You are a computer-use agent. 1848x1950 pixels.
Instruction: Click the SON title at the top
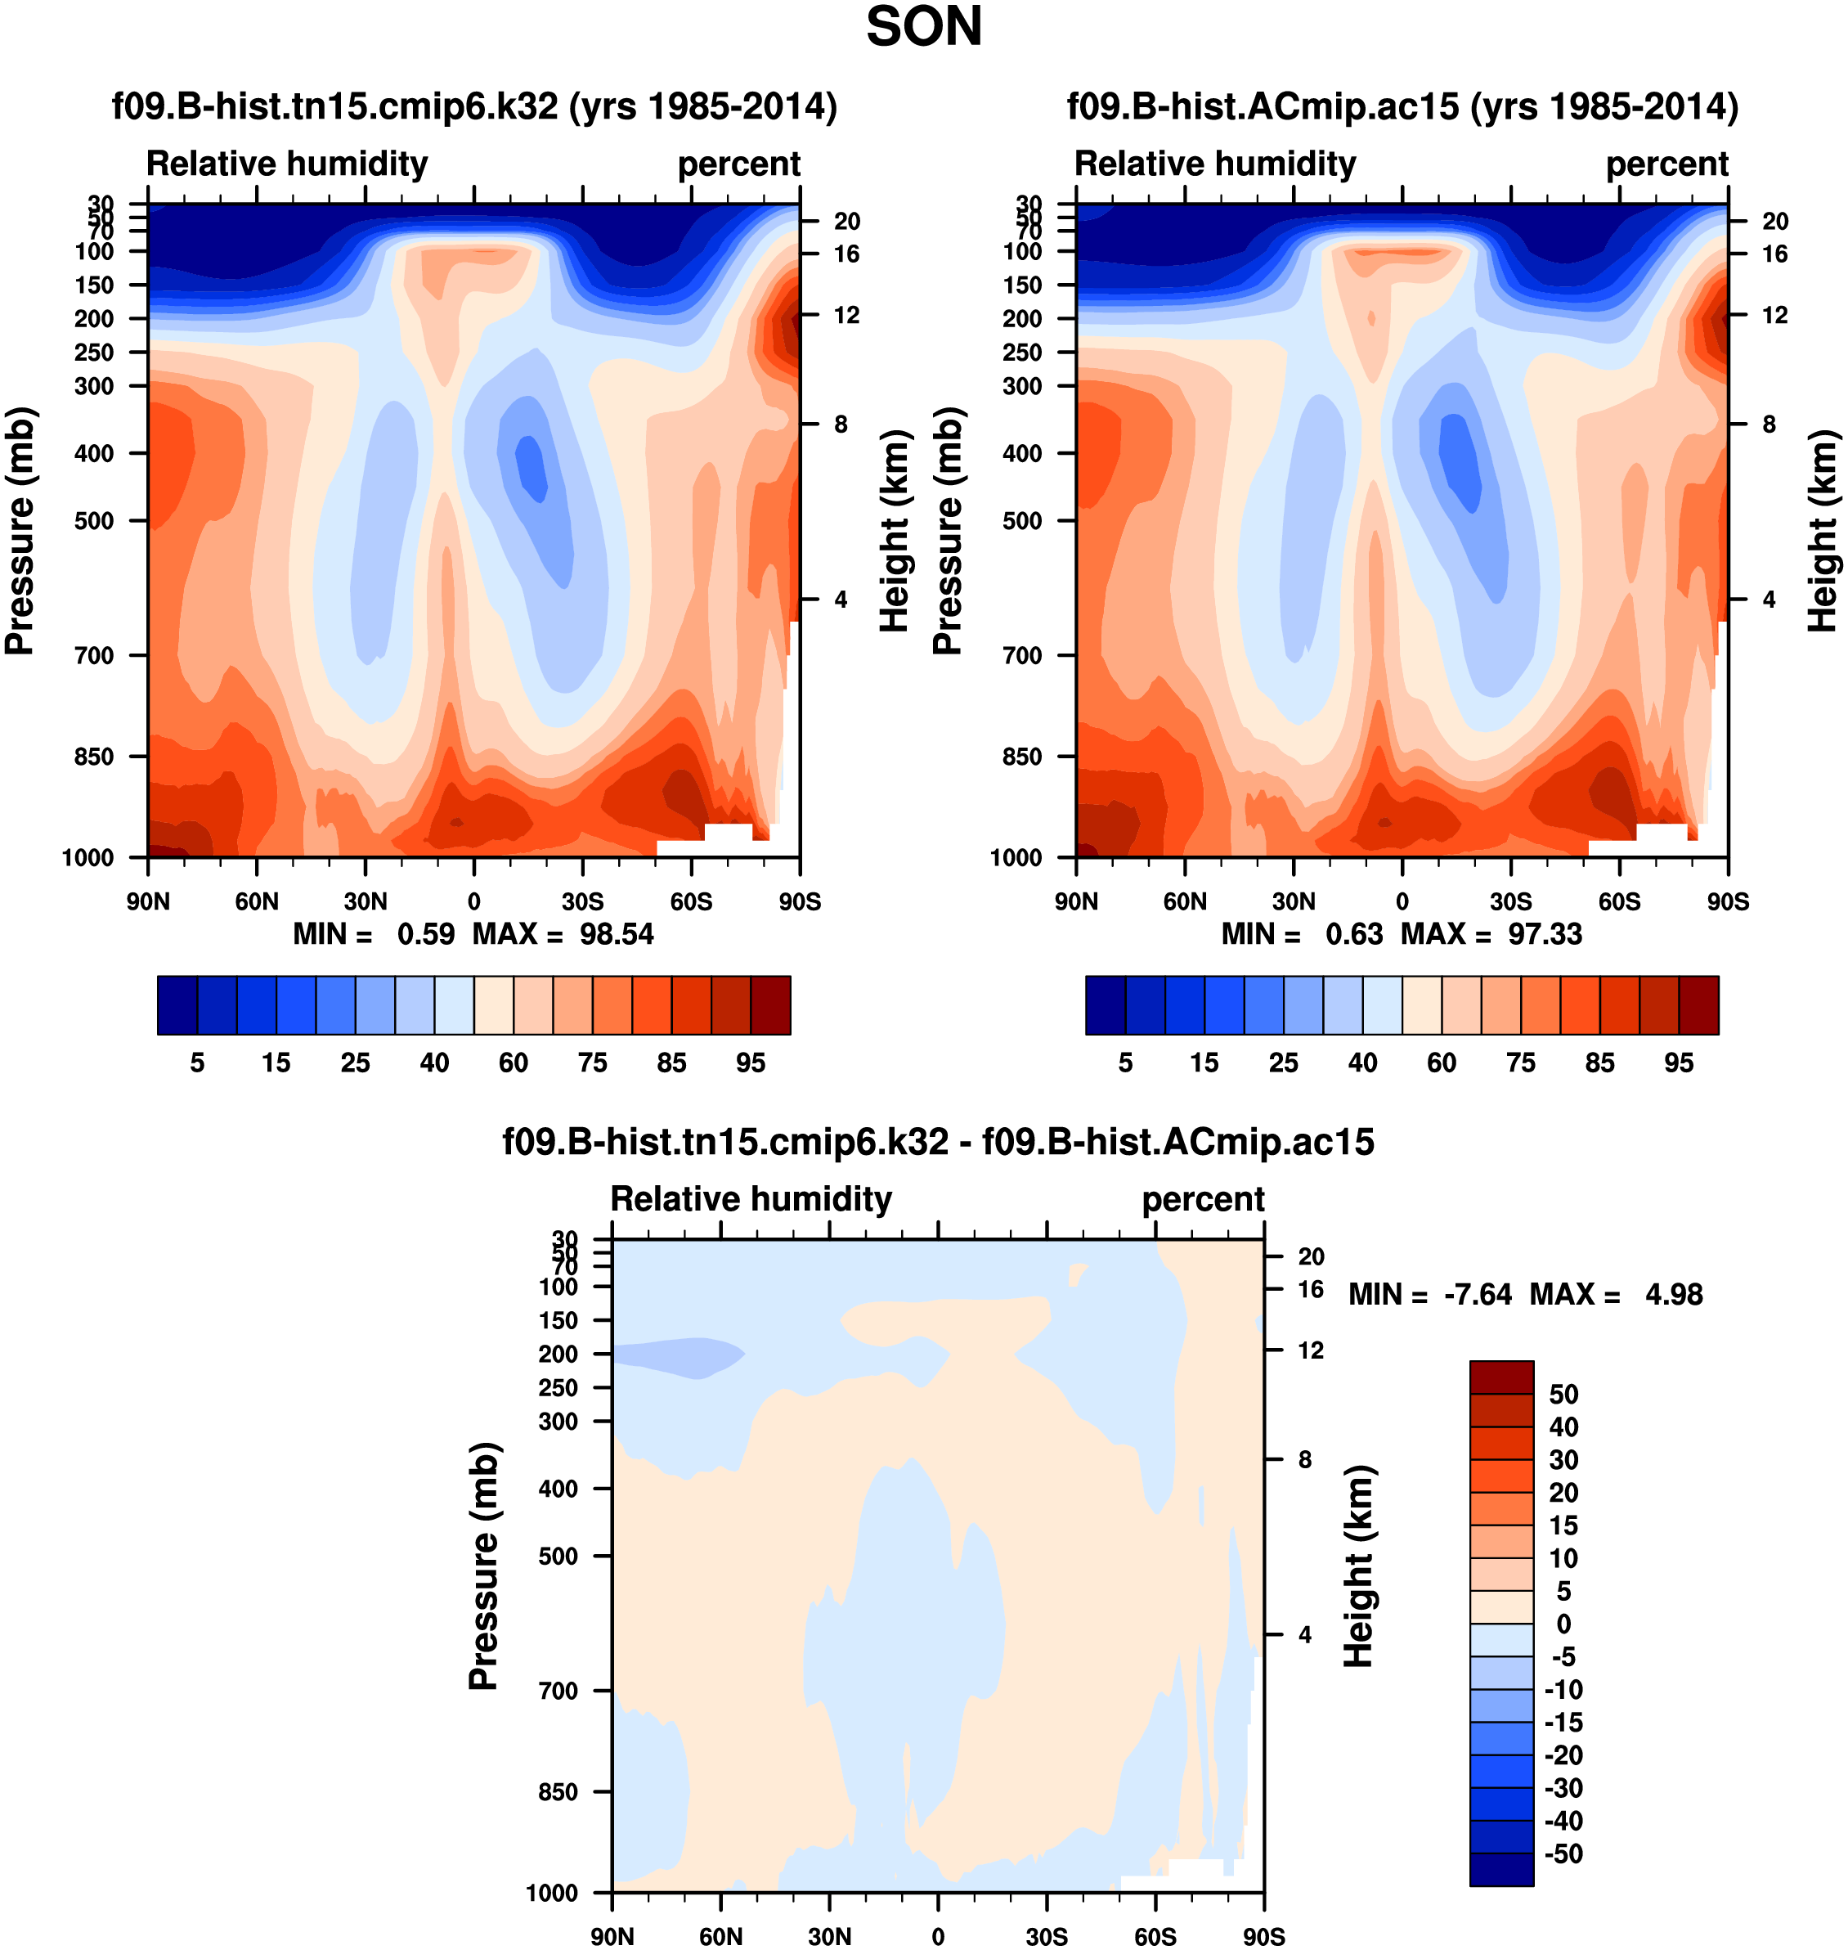(x=923, y=27)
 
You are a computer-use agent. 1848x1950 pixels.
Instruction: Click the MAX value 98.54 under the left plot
(x=616, y=933)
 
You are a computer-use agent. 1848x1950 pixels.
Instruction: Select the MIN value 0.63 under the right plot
(x=1353, y=933)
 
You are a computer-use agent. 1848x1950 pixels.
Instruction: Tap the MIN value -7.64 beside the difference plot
(x=1477, y=1294)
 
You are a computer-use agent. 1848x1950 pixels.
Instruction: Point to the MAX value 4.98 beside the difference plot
(x=1673, y=1294)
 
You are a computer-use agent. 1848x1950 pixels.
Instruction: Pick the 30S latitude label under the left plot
(x=582, y=901)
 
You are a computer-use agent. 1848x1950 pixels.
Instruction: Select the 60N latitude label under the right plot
(x=1184, y=901)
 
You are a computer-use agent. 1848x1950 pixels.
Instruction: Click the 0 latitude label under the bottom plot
(x=938, y=1936)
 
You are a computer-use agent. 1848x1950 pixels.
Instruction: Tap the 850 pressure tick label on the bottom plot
(x=558, y=1791)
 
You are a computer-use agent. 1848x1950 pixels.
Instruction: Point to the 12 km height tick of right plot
(x=1774, y=315)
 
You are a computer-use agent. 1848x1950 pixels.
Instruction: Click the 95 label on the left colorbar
(x=751, y=1063)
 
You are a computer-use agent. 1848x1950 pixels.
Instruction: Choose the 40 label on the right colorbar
(x=1362, y=1063)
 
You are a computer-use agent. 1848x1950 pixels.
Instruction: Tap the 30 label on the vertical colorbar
(x=1563, y=1459)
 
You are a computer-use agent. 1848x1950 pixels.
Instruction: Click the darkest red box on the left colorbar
(x=770, y=1005)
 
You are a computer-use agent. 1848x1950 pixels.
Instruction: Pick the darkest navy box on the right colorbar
(x=1106, y=1005)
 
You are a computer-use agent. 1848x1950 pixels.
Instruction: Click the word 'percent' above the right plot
(x=1666, y=164)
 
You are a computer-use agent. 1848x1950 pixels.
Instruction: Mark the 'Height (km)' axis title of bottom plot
(x=1358, y=1566)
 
